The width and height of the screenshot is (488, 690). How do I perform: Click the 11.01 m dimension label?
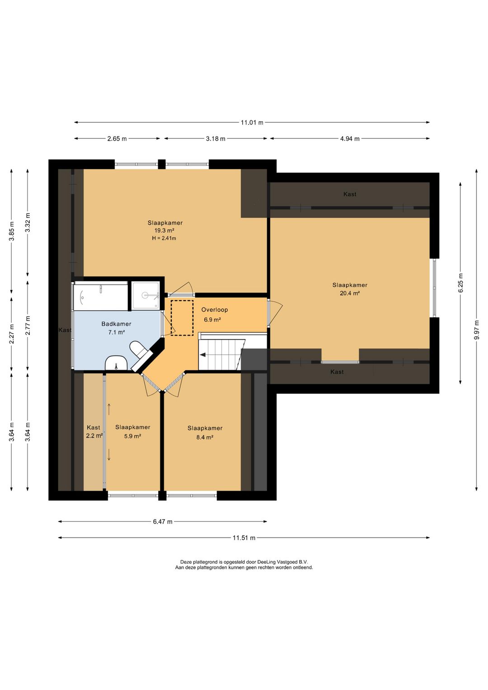coord(252,123)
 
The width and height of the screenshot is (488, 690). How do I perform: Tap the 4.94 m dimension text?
coord(350,139)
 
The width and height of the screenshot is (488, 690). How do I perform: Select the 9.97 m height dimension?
coord(477,330)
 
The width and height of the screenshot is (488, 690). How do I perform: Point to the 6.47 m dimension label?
coord(163,521)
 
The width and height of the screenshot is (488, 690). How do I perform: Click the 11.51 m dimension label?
coord(244,538)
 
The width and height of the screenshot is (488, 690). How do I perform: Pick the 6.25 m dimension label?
coord(460,283)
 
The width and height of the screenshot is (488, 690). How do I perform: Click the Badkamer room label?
coord(117,324)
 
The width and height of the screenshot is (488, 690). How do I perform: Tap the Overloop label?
coord(215,310)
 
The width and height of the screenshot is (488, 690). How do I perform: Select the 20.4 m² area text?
coord(350,293)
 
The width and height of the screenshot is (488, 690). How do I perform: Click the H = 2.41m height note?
coord(164,238)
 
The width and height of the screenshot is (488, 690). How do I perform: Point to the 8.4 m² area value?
coord(205,437)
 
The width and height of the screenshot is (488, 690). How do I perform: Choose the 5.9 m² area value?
coord(133,436)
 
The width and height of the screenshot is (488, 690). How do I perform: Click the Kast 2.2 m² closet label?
coord(94,431)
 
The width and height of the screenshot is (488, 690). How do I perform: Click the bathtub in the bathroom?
coord(101,297)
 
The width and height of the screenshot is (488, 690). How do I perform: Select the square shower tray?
coord(145,295)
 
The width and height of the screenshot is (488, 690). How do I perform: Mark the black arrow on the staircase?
coord(203,355)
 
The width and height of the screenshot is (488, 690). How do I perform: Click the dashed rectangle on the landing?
coord(182,318)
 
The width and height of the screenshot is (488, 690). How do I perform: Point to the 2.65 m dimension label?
coord(117,139)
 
